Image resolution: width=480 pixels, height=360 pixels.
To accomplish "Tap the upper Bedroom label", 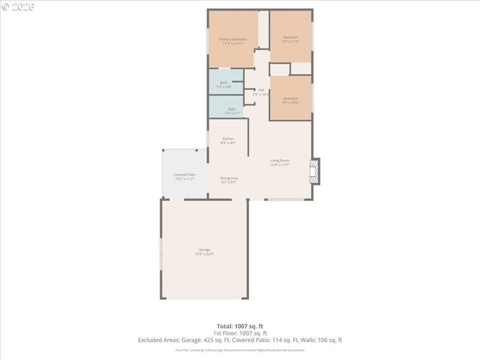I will [290, 37].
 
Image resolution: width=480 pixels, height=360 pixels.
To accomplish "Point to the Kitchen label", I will [228, 139].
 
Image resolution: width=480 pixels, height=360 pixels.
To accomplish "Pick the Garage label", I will [204, 250].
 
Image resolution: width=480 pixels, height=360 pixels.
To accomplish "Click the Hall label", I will [260, 91].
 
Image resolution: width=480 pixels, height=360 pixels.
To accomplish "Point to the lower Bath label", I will [231, 109].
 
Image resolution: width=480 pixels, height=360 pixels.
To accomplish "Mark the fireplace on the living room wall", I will [315, 170].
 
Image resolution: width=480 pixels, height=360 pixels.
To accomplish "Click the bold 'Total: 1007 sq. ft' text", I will [239, 326].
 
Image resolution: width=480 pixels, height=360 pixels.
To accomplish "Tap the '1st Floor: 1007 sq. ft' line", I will [239, 333].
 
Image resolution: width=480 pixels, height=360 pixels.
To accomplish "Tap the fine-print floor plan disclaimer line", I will [239, 349].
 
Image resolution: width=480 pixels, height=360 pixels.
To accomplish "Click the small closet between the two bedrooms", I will [301, 68].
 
